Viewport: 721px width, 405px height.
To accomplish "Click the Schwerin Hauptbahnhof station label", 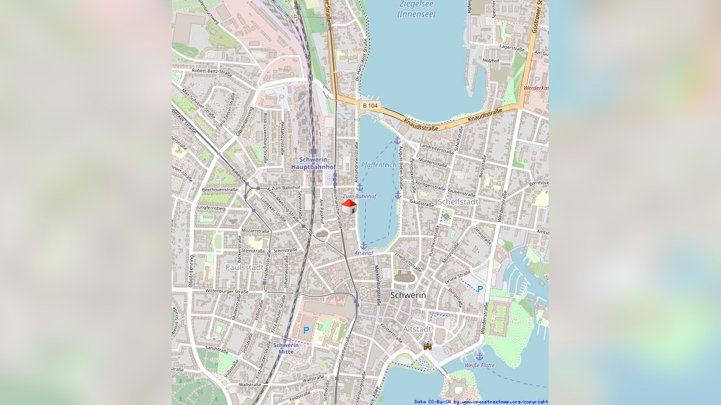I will (x=313, y=163).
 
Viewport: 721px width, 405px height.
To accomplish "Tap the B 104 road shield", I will (x=370, y=105).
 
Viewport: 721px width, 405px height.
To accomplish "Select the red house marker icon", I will (x=349, y=207).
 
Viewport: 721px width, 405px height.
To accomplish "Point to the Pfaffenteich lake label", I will (x=379, y=165).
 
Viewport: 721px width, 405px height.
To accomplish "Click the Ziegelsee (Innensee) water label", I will (x=416, y=9).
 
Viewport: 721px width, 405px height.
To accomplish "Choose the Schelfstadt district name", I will (x=458, y=201).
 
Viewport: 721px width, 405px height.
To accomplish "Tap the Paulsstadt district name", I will (x=244, y=267).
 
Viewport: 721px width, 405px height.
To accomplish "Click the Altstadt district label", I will (x=417, y=329).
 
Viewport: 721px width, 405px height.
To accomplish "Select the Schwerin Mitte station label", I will (x=286, y=348).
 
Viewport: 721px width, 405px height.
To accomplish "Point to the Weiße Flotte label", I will (x=479, y=365).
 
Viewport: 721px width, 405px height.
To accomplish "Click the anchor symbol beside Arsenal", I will (x=364, y=245).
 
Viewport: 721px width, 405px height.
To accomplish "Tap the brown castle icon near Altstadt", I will (x=428, y=346).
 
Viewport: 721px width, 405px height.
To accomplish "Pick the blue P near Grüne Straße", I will (x=480, y=289).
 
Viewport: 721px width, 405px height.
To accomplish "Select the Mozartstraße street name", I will (x=255, y=231).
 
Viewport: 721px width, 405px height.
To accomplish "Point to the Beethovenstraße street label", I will (x=220, y=189).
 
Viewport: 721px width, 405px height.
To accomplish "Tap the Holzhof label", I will (x=490, y=60).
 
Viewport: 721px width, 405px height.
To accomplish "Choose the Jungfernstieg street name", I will (x=211, y=208).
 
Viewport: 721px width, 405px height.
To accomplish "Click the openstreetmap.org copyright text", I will (x=481, y=402).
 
